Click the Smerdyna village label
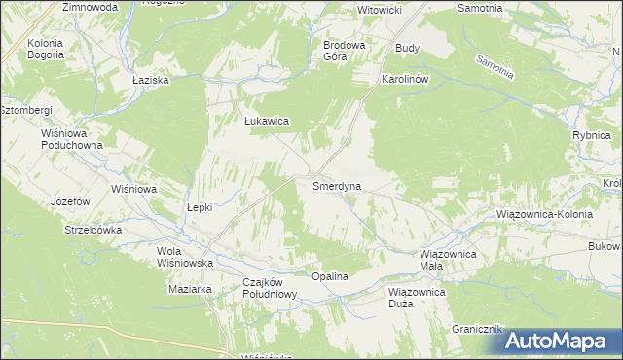point(338,185)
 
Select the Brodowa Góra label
point(344,51)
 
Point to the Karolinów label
point(405,79)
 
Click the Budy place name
point(407,47)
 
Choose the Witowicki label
point(381,9)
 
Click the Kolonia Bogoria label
point(46,50)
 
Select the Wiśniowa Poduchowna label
point(71,139)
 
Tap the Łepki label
point(199,207)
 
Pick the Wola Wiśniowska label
point(185,257)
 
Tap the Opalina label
point(329,277)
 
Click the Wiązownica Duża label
point(416,297)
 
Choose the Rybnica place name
point(591,136)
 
